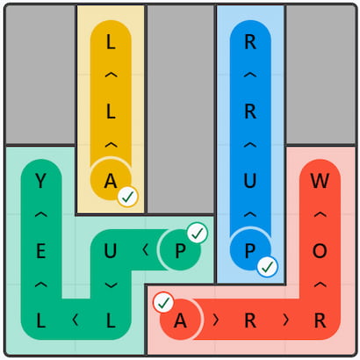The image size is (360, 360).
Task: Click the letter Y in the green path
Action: click(x=41, y=181)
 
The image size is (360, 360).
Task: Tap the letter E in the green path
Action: click(x=41, y=251)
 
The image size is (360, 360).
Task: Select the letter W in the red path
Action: click(x=320, y=181)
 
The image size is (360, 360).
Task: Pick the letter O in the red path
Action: click(x=320, y=251)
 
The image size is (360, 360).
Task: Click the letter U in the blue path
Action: click(x=250, y=181)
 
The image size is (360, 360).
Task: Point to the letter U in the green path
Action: click(x=111, y=251)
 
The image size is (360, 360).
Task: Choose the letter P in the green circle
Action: click(x=180, y=251)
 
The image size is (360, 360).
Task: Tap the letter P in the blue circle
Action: click(x=250, y=251)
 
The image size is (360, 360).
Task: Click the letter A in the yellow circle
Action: click(x=111, y=181)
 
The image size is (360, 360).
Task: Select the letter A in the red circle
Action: click(x=180, y=320)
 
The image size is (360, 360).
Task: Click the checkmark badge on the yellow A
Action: click(x=128, y=197)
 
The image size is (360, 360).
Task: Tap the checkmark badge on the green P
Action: click(x=198, y=234)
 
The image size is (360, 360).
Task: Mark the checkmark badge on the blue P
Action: click(x=268, y=267)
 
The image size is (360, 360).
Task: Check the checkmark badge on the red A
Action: click(x=163, y=303)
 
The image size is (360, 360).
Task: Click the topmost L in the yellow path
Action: click(x=111, y=42)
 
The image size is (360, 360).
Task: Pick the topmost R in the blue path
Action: click(x=250, y=42)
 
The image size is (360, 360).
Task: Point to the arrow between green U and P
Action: click(x=145, y=250)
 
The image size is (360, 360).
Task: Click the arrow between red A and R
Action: click(x=216, y=320)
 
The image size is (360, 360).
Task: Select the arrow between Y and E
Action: click(x=41, y=215)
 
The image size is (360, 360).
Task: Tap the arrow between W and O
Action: click(x=320, y=215)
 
